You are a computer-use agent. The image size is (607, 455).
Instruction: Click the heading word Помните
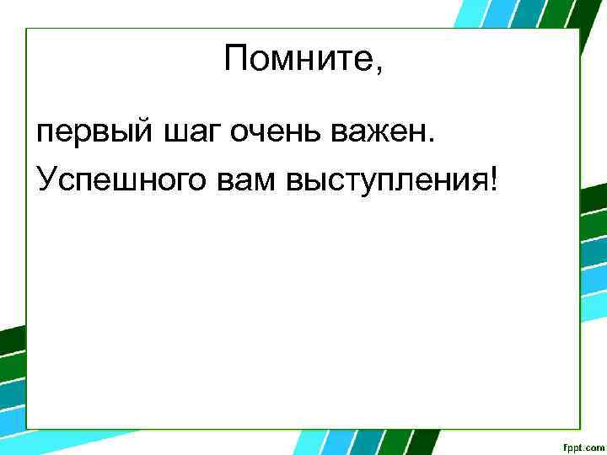coord(299,59)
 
